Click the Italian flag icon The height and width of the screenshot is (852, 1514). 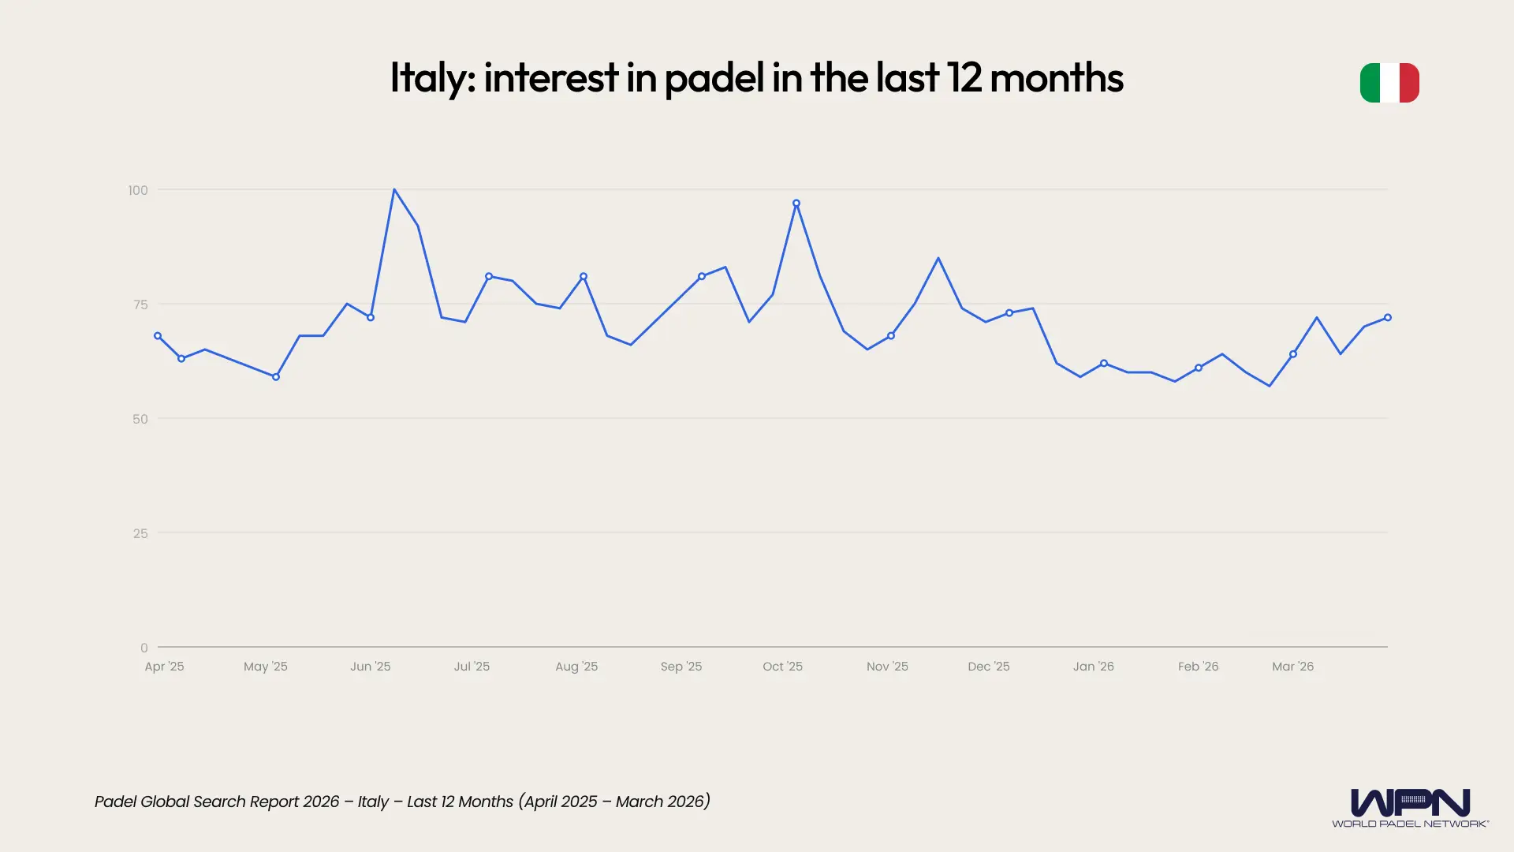pos(1389,83)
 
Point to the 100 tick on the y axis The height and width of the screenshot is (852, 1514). pos(138,190)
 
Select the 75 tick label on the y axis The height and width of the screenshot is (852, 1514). pos(140,305)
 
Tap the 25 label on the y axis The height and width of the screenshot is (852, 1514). pos(140,533)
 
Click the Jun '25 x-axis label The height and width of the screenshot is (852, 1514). pos(370,667)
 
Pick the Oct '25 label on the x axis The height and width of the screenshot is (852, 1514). pos(782,667)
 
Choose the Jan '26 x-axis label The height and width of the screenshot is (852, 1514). pos(1093,667)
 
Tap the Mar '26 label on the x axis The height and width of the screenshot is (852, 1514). pos(1292,667)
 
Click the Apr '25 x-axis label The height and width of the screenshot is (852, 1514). pos(164,667)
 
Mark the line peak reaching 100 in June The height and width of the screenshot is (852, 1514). pos(394,190)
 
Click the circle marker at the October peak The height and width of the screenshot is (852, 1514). pos(796,204)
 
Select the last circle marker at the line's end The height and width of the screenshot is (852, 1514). pos(1388,318)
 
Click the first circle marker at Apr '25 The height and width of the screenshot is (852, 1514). pos(158,336)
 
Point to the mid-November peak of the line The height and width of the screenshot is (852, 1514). pos(938,259)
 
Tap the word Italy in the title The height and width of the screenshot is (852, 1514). pos(431,78)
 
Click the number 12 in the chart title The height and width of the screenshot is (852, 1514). pos(964,78)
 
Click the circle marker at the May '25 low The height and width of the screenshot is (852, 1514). pos(276,377)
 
